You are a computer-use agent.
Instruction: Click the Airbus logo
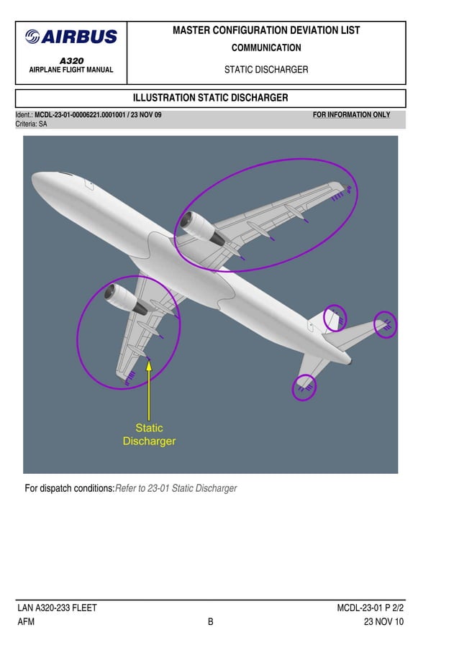click(71, 37)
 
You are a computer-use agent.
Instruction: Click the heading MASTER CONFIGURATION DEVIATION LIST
click(266, 30)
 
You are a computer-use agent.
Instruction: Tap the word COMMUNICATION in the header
click(266, 48)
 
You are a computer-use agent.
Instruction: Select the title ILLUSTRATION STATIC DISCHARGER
click(211, 98)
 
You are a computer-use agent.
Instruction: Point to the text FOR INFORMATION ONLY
click(352, 115)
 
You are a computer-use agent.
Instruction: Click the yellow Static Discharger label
click(149, 434)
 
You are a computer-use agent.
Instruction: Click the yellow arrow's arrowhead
click(149, 364)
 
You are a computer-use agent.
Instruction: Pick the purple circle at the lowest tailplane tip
click(304, 388)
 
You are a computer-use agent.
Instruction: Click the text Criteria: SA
click(32, 124)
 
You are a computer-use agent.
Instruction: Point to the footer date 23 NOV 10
click(383, 622)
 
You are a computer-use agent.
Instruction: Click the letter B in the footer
click(211, 622)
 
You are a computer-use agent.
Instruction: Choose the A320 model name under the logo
click(71, 61)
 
